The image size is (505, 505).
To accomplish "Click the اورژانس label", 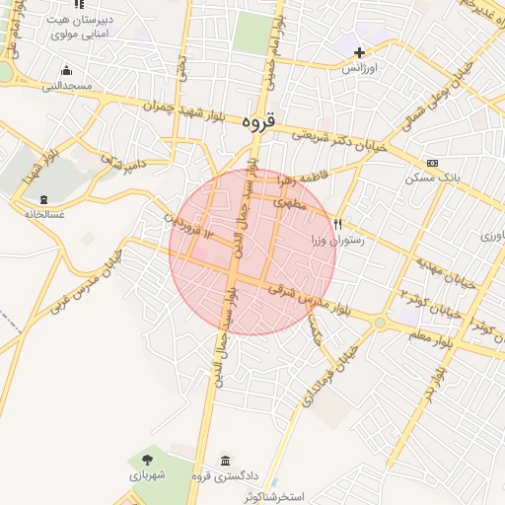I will [x=360, y=69].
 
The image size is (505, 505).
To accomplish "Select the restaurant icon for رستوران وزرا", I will [x=339, y=223].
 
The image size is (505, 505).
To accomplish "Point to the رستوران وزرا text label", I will [x=337, y=239].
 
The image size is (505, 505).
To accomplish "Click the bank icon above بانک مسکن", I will [x=432, y=163].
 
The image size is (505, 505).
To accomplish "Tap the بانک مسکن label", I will [x=431, y=180].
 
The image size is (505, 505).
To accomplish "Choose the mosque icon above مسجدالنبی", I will [x=66, y=70].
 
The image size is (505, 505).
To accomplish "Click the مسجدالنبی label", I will [x=66, y=86].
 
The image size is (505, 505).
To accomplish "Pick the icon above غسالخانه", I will [x=43, y=198].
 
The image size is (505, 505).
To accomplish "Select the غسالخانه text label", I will [x=43, y=214].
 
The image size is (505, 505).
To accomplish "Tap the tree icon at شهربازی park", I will [x=147, y=459].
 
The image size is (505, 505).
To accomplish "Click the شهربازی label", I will [x=149, y=475].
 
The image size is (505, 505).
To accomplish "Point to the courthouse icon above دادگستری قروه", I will [x=227, y=462].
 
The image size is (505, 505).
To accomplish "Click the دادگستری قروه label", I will [x=227, y=478].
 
